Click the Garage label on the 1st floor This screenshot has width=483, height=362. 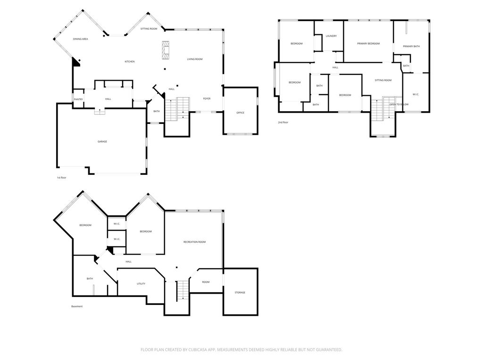pyautogui.click(x=102, y=141)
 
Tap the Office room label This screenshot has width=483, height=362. pyautogui.click(x=240, y=113)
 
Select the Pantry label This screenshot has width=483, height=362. pyautogui.click(x=78, y=99)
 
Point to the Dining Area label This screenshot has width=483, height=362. pyautogui.click(x=80, y=39)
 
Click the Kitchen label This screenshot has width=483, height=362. pyautogui.click(x=129, y=62)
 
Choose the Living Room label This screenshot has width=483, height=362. pyautogui.click(x=194, y=59)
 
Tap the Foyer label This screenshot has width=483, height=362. pyautogui.click(x=207, y=99)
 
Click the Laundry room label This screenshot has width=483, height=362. pyautogui.click(x=331, y=36)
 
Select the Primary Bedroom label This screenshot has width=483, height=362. pyautogui.click(x=368, y=43)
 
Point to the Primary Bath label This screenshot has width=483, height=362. pyautogui.click(x=411, y=46)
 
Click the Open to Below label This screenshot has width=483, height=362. pyautogui.click(x=399, y=104)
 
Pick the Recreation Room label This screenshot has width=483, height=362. pyautogui.click(x=194, y=242)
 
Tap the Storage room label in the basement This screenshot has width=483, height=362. pyautogui.click(x=240, y=293)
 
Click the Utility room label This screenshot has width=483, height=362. pyautogui.click(x=141, y=284)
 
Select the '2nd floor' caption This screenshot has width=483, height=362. pyautogui.click(x=283, y=122)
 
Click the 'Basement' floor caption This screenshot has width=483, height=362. pyautogui.click(x=77, y=306)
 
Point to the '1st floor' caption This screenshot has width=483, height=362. pyautogui.click(x=62, y=178)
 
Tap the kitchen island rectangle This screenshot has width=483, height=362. pyautogui.click(x=166, y=50)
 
